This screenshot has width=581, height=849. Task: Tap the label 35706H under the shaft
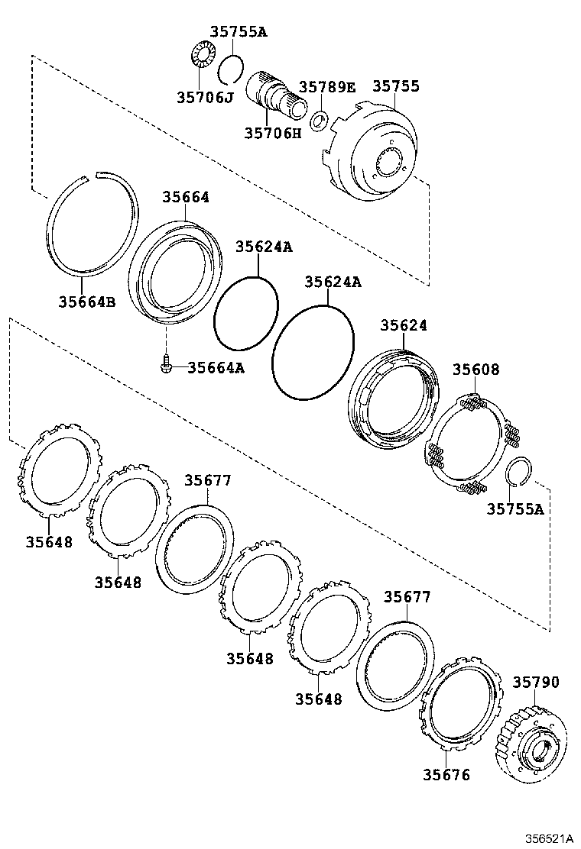(x=273, y=133)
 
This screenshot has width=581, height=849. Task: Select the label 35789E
(x=328, y=86)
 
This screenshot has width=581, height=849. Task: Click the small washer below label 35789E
(x=319, y=120)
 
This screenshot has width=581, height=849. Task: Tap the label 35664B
(x=86, y=302)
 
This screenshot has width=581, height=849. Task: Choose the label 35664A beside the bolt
(x=216, y=368)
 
